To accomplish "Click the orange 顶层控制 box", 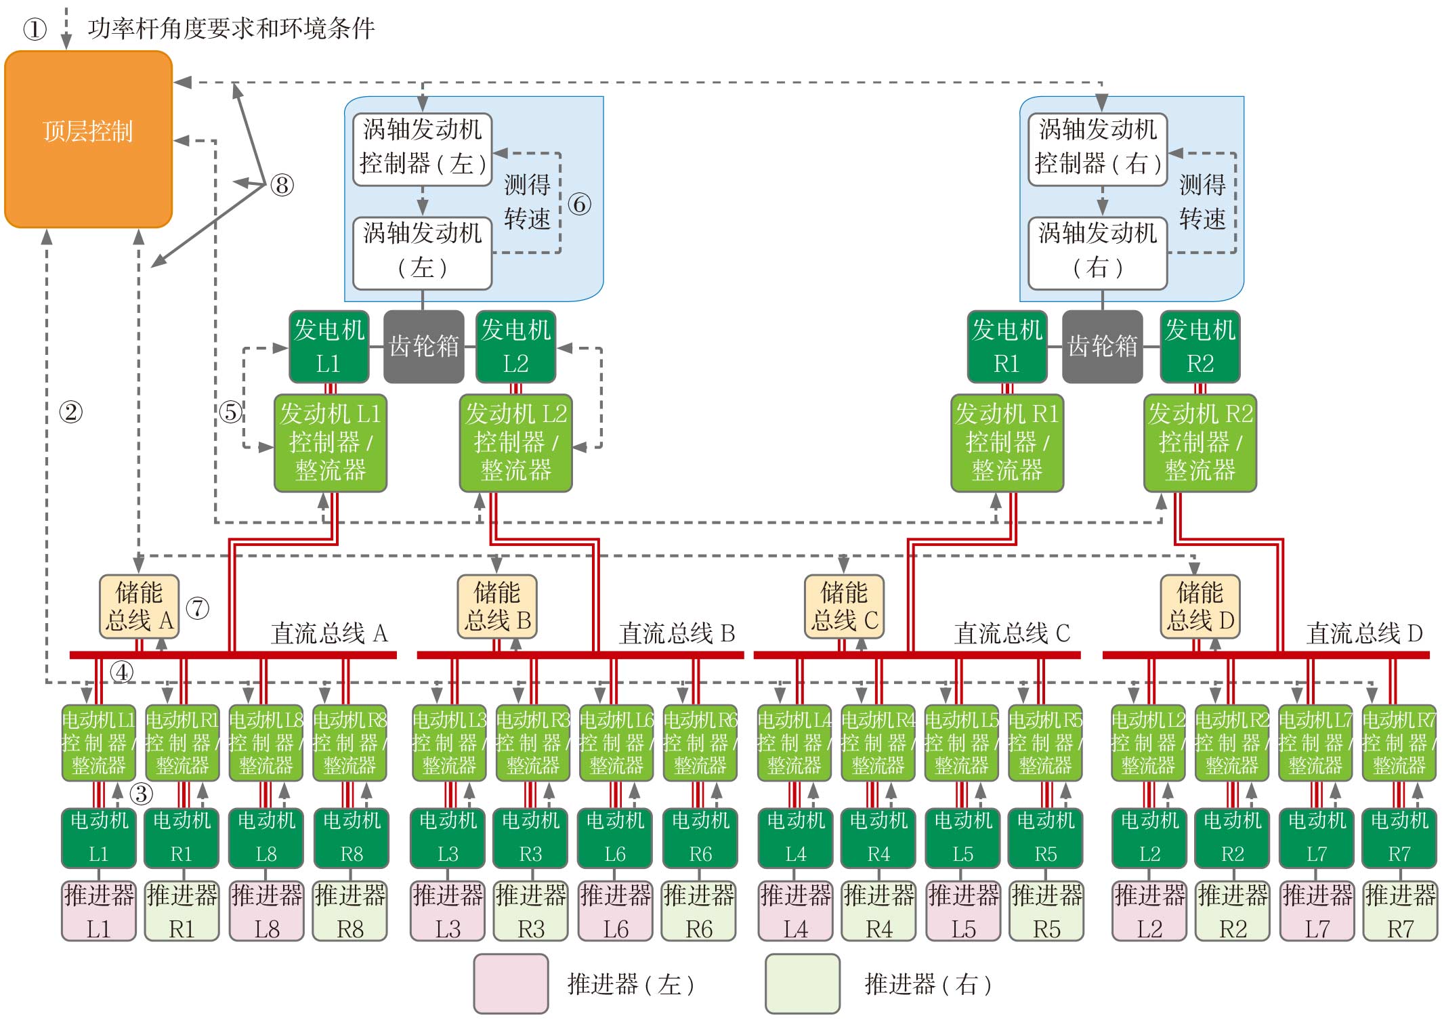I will (88, 139).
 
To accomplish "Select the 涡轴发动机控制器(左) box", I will (422, 148).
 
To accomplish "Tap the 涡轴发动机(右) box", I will (1097, 252).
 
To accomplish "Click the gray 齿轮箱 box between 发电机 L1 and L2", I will (424, 346).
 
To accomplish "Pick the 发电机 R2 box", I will (1200, 346).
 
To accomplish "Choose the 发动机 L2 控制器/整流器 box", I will (515, 442).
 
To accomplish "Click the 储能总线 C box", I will (844, 606).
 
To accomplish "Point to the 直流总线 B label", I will (677, 633).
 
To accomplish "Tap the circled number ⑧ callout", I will (282, 185).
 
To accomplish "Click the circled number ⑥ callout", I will (579, 204).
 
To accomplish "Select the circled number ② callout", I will (71, 411).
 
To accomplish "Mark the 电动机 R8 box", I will (351, 838).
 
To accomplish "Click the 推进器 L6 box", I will (615, 911).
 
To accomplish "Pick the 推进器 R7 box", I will (1399, 911).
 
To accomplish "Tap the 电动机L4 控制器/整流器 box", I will (794, 743).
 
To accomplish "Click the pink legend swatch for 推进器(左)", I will (511, 983).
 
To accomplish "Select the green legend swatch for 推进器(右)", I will (803, 983).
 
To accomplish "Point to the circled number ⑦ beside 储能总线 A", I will (197, 608).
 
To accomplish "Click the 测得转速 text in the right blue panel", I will (1202, 202).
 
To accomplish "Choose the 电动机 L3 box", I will (448, 838).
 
